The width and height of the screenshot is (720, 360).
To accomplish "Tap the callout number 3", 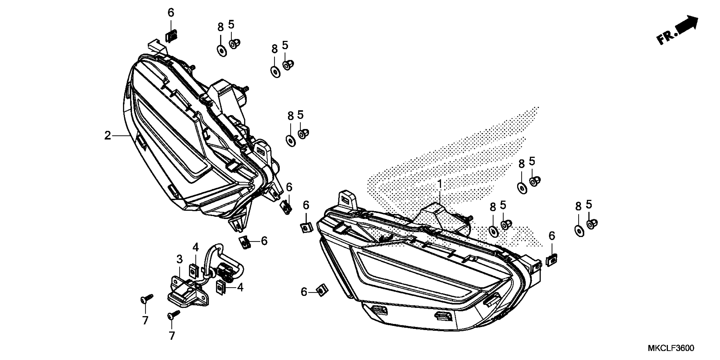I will (179, 259).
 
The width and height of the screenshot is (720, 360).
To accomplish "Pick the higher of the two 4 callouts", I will (195, 247).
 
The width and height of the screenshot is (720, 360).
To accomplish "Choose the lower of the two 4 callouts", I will (240, 287).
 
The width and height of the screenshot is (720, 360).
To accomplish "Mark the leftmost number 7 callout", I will (145, 320).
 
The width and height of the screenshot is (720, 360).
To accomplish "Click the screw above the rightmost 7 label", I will (173, 315).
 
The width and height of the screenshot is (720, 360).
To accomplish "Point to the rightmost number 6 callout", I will (552, 236).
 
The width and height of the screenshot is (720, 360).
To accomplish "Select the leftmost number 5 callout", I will (231, 25).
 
